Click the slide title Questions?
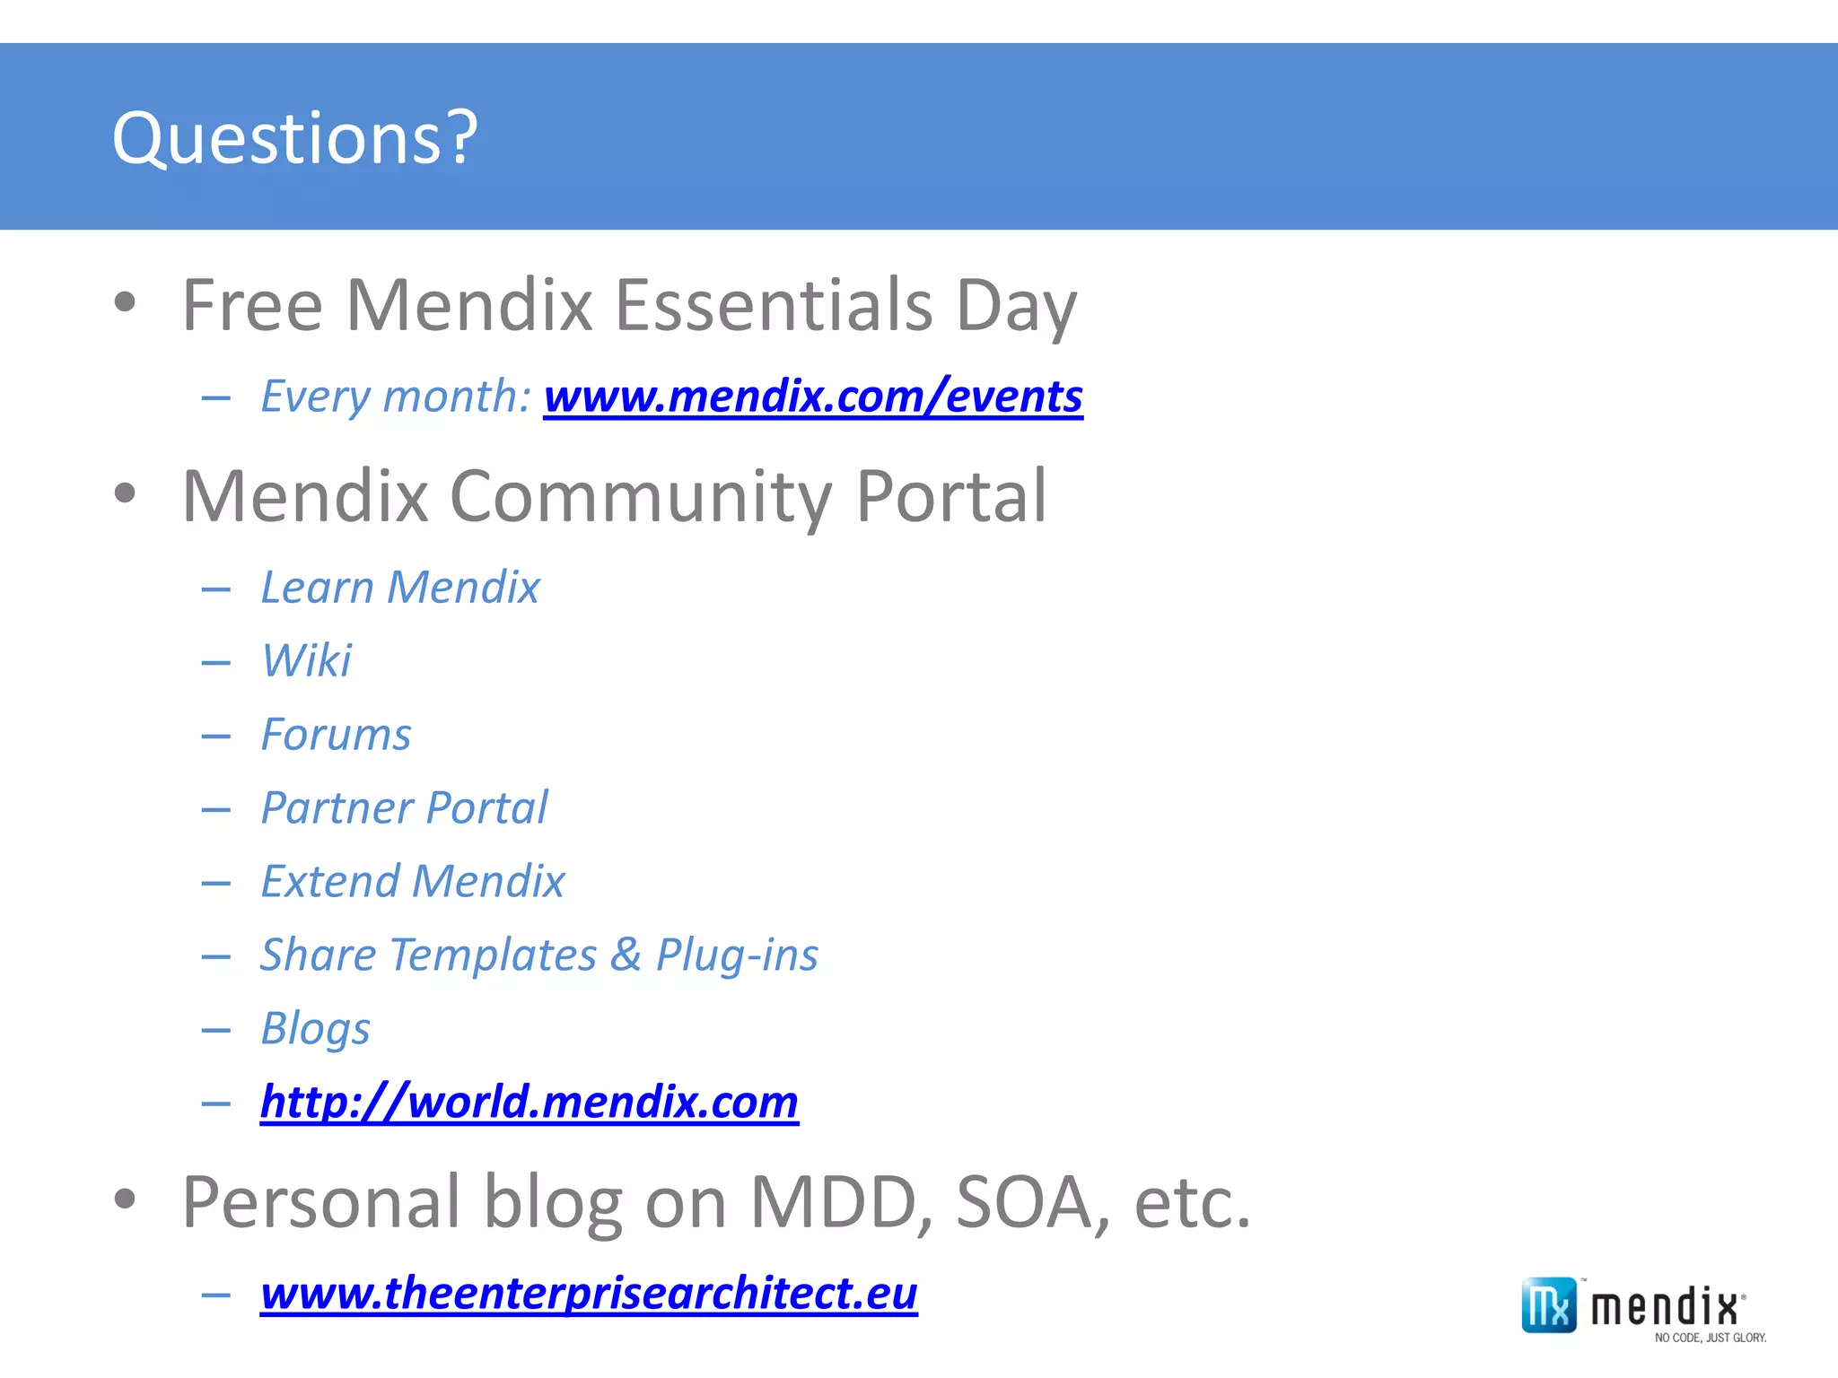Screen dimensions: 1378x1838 coord(294,138)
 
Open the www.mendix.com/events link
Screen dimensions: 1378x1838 coord(813,397)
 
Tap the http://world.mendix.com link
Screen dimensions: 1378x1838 coord(530,1102)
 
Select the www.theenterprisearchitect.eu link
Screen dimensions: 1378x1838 coord(589,1294)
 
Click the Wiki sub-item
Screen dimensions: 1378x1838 coord(306,661)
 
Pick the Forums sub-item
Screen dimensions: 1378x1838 coord(336,735)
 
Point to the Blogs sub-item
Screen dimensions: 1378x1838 coord(315,1029)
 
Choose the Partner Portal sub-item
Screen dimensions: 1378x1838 coord(404,808)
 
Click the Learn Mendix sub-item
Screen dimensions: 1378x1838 coord(400,588)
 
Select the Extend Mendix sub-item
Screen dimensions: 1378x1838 coord(413,882)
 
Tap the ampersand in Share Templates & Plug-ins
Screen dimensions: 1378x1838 coord(626,955)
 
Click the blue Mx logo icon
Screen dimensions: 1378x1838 coord(1548,1305)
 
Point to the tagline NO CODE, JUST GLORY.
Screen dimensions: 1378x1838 coord(1710,1338)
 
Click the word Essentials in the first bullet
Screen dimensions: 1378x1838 coord(774,306)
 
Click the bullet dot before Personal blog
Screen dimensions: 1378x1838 coord(125,1199)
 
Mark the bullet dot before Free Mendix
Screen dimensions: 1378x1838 coord(125,302)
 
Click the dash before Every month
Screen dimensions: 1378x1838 coord(216,397)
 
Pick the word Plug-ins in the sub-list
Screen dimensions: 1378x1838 coord(737,955)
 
